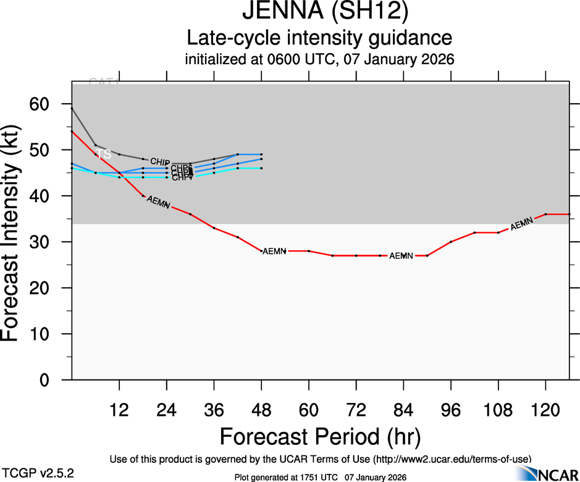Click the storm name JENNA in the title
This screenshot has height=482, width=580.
point(270,12)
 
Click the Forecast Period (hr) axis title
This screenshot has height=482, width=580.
point(320,436)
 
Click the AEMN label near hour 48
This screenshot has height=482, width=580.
point(274,252)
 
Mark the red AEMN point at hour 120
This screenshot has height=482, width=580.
point(545,214)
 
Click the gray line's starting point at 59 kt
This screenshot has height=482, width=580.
point(72,108)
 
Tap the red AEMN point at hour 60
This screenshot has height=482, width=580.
point(309,251)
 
